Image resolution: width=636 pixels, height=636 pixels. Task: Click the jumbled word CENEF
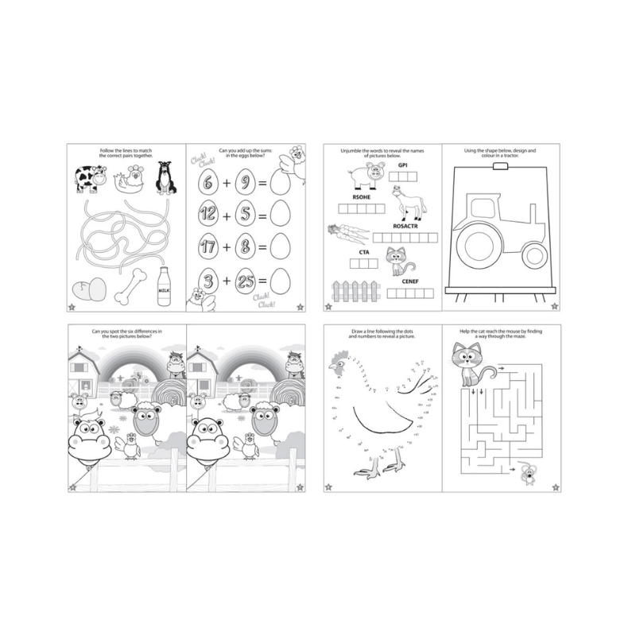click(410, 281)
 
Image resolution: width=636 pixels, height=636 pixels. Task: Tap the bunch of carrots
click(347, 233)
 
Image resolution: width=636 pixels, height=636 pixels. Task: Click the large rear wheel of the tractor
click(485, 243)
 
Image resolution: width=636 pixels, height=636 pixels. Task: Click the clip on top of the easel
click(500, 168)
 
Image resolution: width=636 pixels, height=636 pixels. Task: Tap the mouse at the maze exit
click(527, 474)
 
